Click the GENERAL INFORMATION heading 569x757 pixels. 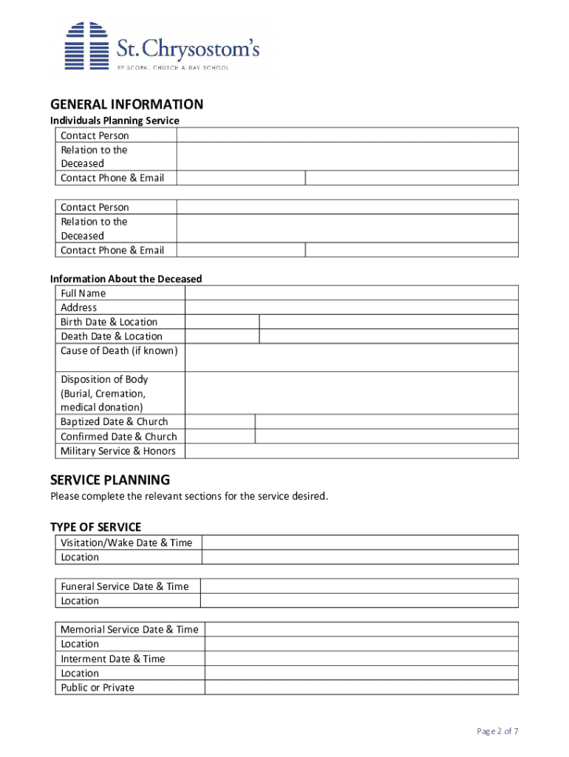point(126,104)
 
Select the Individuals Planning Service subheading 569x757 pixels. point(115,120)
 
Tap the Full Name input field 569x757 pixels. point(351,293)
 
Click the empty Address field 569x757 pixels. point(351,308)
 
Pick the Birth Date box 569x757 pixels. point(222,322)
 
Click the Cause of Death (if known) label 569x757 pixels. point(119,350)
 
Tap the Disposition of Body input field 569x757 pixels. point(351,393)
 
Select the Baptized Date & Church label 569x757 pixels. point(114,422)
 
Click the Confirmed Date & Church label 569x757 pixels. point(118,437)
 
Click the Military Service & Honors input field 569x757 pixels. point(351,451)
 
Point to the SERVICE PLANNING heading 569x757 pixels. point(110,480)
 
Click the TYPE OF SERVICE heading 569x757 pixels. point(95,527)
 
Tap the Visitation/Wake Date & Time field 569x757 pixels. point(360,543)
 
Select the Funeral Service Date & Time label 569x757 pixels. point(124,586)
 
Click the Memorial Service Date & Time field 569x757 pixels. point(361,630)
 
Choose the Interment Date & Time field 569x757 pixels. point(361,659)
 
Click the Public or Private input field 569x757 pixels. point(361,688)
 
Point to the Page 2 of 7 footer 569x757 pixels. point(497,731)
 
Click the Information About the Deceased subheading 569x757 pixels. point(126,279)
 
